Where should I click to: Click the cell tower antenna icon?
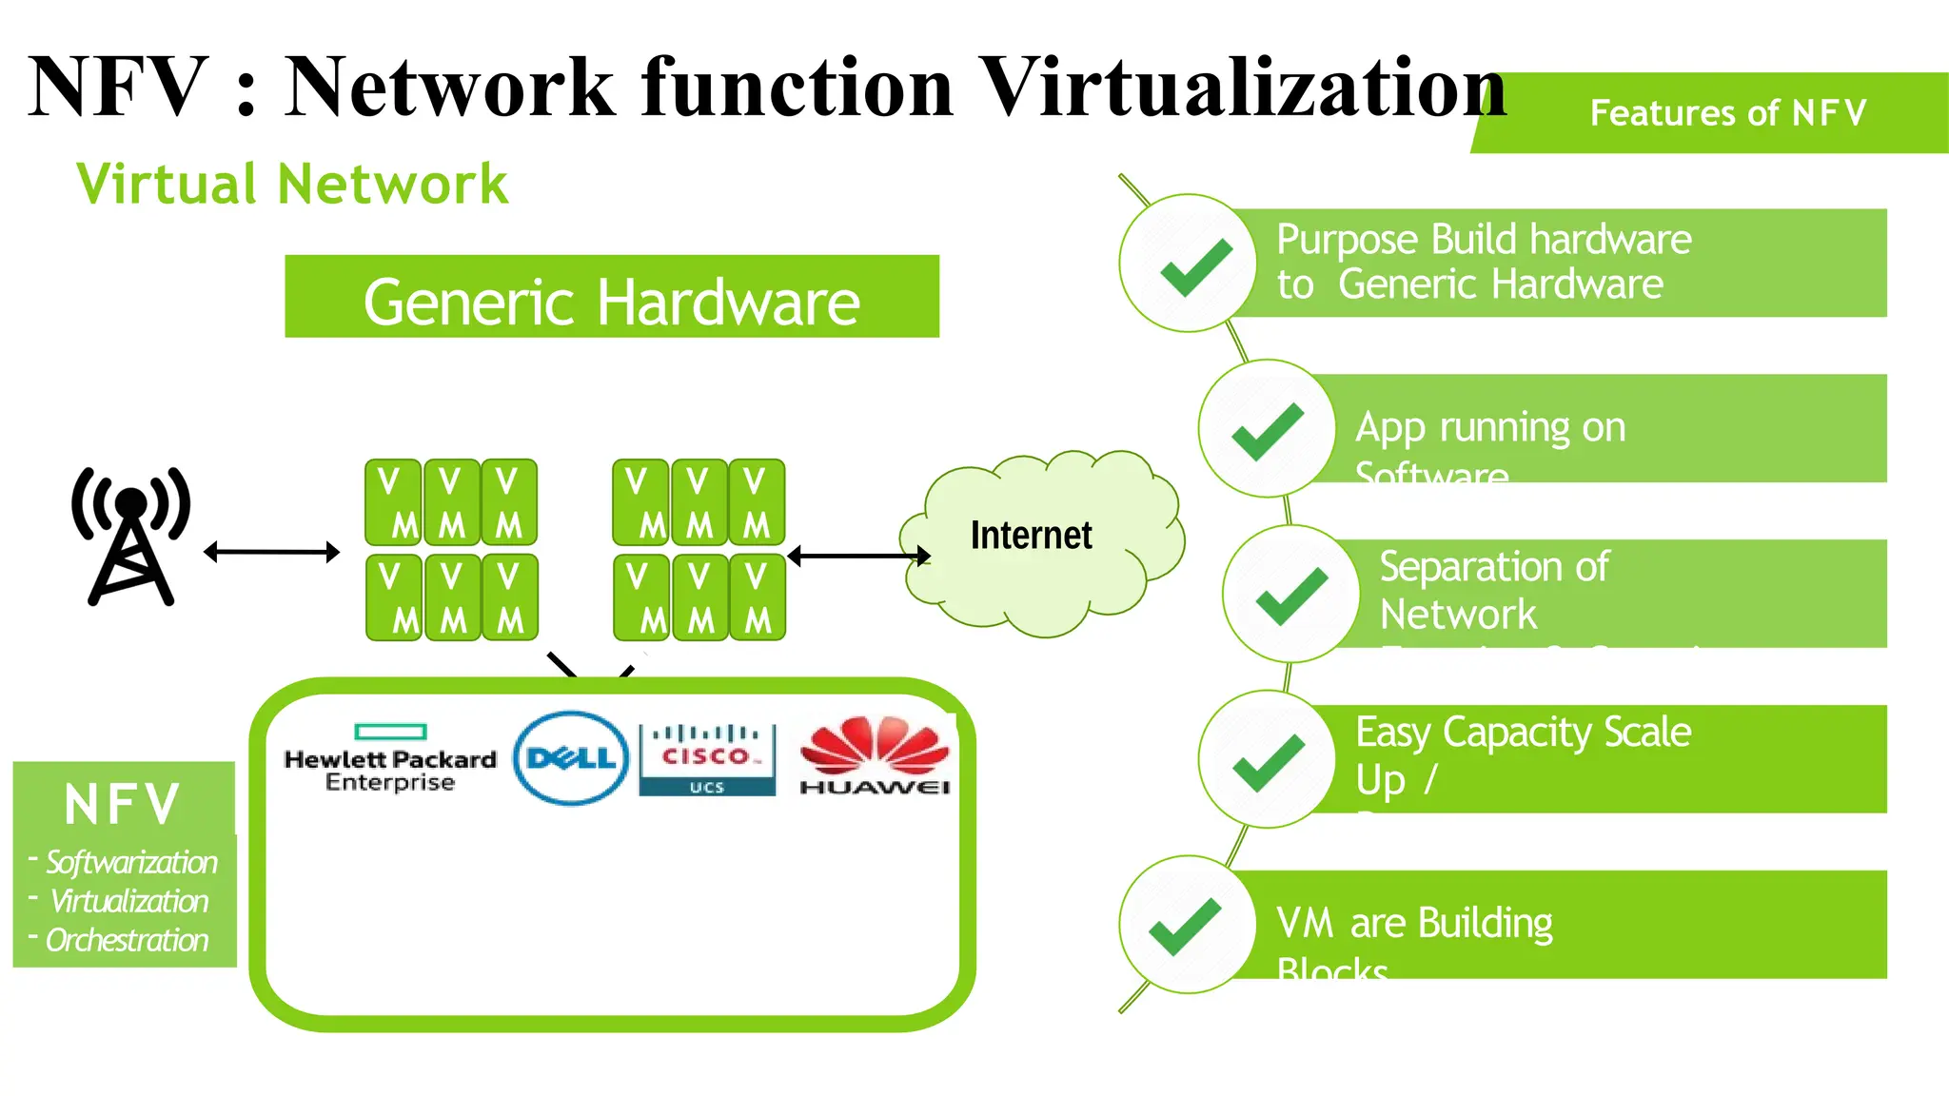click(x=131, y=536)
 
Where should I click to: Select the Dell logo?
click(x=571, y=758)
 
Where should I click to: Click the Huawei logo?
click(x=875, y=756)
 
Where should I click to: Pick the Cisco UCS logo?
click(x=707, y=759)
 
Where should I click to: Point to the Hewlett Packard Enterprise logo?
click(x=390, y=759)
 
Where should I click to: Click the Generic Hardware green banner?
click(x=612, y=297)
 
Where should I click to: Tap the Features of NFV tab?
click(x=1726, y=113)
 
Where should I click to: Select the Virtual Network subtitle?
click(x=292, y=184)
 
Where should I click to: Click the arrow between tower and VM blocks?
click(x=272, y=552)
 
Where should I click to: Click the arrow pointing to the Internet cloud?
click(x=858, y=556)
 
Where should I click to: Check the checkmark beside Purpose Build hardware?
click(x=1195, y=266)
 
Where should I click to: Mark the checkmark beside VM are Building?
click(x=1185, y=926)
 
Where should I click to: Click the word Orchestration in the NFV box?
click(x=127, y=940)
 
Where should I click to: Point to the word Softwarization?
click(x=131, y=862)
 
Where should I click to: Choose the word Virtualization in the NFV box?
click(x=128, y=901)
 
